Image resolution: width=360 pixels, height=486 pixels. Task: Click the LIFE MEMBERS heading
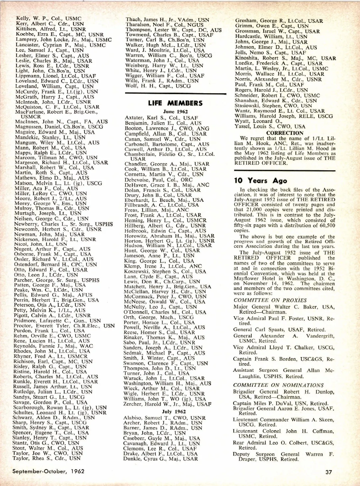pos(175,103)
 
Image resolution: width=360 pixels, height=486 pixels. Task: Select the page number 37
pos(328,472)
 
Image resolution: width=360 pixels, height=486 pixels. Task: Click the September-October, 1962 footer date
pos(48,471)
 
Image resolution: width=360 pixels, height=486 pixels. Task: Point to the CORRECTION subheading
pos(285,133)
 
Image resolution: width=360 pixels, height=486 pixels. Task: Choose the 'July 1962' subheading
pos(174,412)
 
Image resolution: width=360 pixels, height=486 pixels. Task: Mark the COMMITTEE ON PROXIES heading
pos(270,300)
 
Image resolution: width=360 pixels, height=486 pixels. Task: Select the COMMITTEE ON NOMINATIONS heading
pos(278,385)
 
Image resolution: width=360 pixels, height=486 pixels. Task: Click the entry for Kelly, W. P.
pos(49,19)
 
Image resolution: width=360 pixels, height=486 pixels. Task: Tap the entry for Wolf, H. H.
pos(158,86)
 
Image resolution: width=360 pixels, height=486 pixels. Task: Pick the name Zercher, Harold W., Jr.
pos(167,404)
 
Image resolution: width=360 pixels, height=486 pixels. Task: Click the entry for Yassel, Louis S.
pos(270,127)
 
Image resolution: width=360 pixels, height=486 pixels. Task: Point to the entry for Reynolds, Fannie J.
pos(53,346)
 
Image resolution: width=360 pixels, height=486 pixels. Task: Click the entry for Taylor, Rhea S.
pos(46,458)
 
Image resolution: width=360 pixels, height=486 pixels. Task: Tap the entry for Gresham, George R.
pos(279,21)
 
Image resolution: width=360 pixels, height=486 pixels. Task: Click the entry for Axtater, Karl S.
pos(161,118)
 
